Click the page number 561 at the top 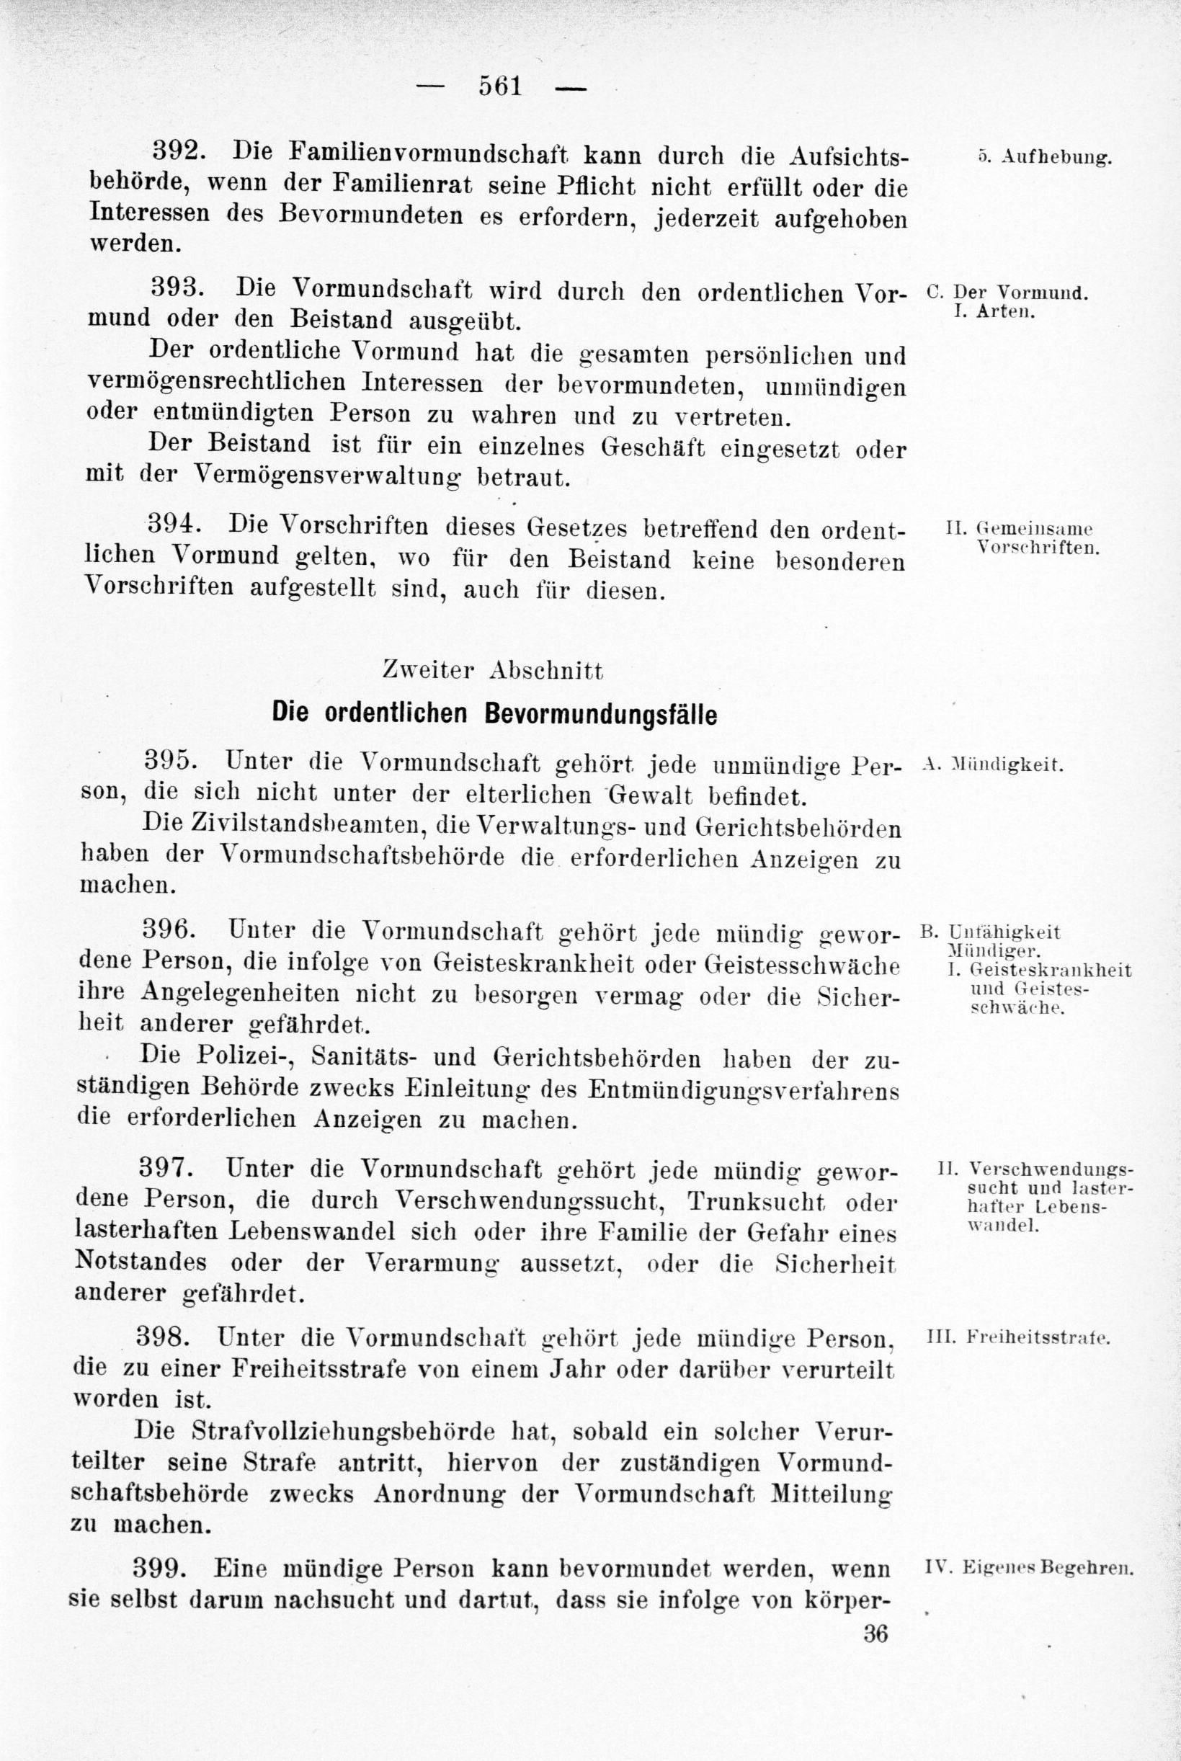click(500, 86)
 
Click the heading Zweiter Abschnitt click(494, 669)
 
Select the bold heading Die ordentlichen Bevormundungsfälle click(494, 713)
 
